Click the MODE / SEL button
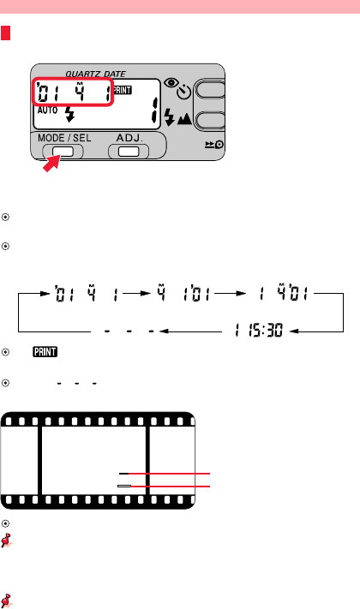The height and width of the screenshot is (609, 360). click(63, 152)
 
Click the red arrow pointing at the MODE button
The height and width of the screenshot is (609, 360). click(52, 163)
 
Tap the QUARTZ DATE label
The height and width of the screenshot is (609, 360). click(95, 74)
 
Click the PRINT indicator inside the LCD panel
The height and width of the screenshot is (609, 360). click(122, 90)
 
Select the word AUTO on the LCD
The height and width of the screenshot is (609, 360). click(47, 110)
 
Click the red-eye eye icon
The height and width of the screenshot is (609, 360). click(171, 82)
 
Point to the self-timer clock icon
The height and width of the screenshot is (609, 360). click(184, 92)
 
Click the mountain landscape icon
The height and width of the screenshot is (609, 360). click(184, 118)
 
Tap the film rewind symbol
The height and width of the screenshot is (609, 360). click(214, 145)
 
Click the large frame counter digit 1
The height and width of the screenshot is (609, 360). click(155, 110)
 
